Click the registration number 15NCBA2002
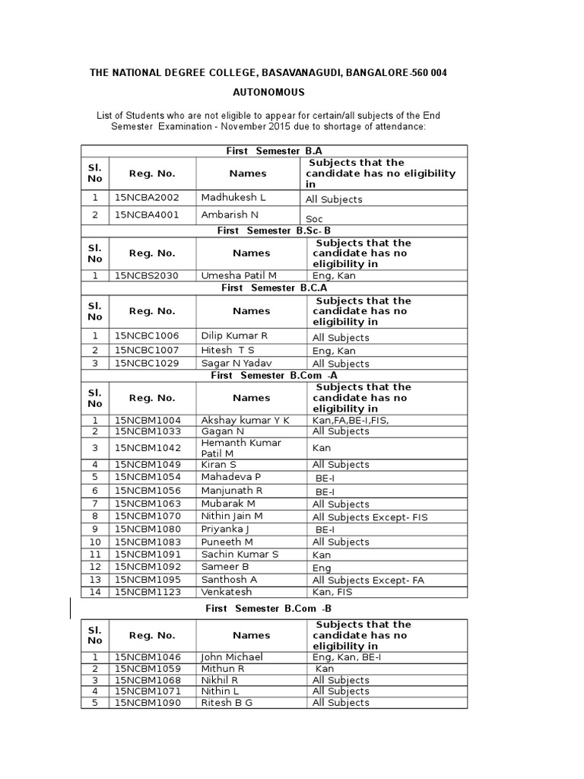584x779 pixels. (147, 197)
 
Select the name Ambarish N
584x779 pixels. (230, 215)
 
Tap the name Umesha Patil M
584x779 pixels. (239, 275)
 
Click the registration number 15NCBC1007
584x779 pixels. (147, 350)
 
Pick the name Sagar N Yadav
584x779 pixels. (236, 363)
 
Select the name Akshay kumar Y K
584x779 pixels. (245, 419)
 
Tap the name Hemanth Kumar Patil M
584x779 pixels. (241, 447)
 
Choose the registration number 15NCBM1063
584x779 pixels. (147, 503)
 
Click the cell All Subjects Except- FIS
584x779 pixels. (370, 517)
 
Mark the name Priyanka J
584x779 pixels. (226, 529)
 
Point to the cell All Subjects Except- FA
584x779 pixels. (368, 580)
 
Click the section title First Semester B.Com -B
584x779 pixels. (269, 609)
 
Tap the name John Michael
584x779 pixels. (232, 656)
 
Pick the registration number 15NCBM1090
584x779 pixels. (147, 702)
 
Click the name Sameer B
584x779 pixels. (225, 566)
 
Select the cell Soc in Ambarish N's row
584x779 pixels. (314, 218)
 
